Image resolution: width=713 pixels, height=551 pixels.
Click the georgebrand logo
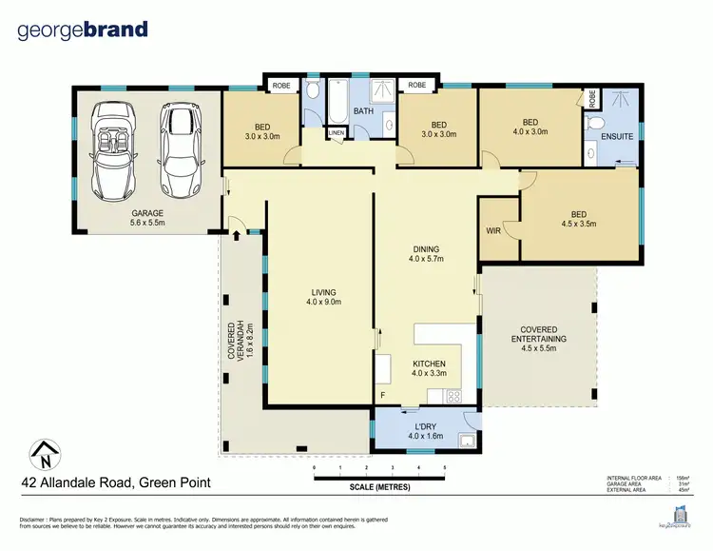tap(83, 30)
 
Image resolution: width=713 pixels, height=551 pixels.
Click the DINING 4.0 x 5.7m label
tap(427, 252)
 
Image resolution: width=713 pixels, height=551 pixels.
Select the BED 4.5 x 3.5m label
tap(578, 220)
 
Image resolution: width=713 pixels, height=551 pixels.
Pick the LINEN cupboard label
tap(337, 132)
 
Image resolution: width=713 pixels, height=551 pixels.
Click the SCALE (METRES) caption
tap(379, 489)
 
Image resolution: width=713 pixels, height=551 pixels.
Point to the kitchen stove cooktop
tap(453, 396)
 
